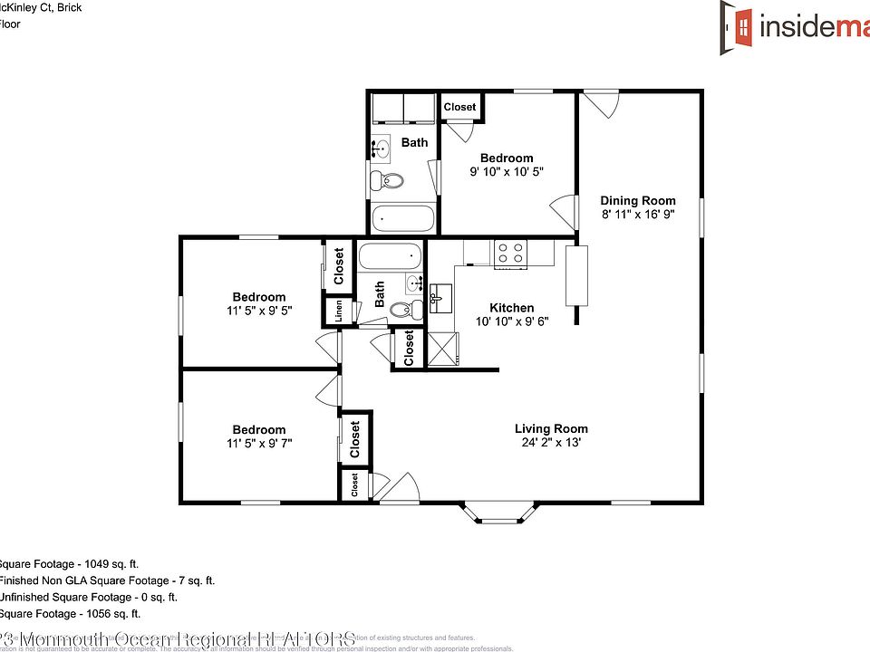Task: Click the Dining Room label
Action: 638,200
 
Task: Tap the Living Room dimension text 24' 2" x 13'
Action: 551,444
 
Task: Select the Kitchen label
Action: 512,308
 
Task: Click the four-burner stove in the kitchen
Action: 511,253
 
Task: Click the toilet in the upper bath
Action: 389,179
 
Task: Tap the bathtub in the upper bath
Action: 403,218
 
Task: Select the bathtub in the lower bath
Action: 391,256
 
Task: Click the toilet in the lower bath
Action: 405,310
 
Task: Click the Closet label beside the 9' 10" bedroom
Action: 459,107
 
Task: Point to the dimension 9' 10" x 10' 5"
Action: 507,172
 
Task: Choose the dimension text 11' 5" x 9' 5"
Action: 259,311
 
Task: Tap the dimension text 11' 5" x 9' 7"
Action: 259,444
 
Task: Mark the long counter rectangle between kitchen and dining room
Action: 575,274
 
